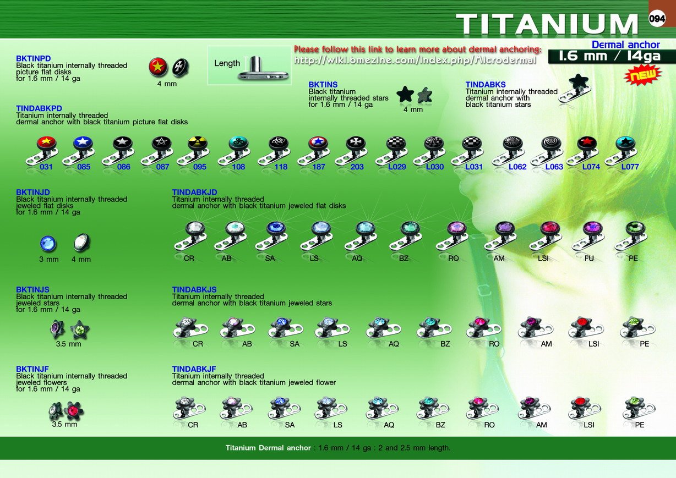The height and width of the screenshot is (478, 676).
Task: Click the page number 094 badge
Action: tap(657, 19)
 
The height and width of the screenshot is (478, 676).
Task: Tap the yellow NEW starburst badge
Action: tap(644, 75)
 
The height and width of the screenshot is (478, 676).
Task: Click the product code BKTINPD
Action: tap(33, 58)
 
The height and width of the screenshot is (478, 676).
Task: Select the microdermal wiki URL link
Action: tap(415, 61)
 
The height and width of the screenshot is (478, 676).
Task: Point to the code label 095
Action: tap(200, 167)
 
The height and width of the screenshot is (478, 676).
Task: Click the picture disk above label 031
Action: tap(46, 142)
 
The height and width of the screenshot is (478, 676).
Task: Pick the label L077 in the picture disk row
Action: tap(630, 167)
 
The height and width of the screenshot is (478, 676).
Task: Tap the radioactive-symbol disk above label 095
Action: tap(198, 142)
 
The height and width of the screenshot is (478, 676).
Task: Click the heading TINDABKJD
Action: tap(194, 192)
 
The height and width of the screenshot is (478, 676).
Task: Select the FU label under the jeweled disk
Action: tap(589, 259)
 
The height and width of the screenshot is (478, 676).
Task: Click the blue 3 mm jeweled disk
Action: tap(48, 243)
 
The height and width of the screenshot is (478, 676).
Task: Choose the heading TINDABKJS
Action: tap(194, 289)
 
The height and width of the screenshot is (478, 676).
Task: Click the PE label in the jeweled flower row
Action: tap(640, 425)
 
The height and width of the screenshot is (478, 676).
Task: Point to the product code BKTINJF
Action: tap(32, 369)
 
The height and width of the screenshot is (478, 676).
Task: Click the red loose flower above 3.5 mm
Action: tap(74, 410)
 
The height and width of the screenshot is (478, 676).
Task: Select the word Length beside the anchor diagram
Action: tap(227, 63)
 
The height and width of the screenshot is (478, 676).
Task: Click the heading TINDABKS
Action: tap(486, 85)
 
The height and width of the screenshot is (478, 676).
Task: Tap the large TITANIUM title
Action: tap(547, 24)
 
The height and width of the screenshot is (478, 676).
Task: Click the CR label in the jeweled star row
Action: tap(198, 344)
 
